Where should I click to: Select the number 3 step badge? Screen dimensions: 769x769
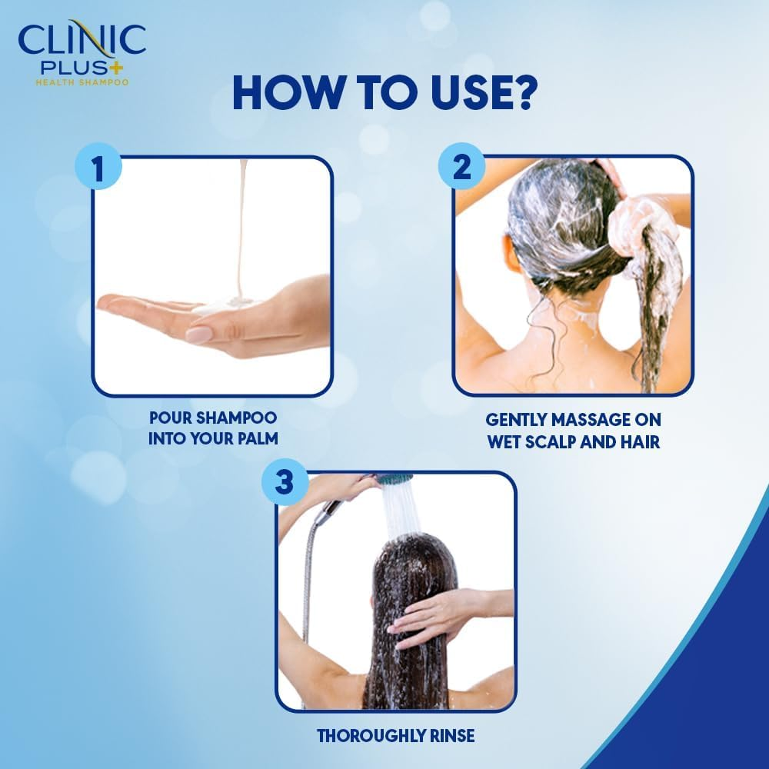tap(285, 483)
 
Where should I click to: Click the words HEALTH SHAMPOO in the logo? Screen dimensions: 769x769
tap(82, 82)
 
